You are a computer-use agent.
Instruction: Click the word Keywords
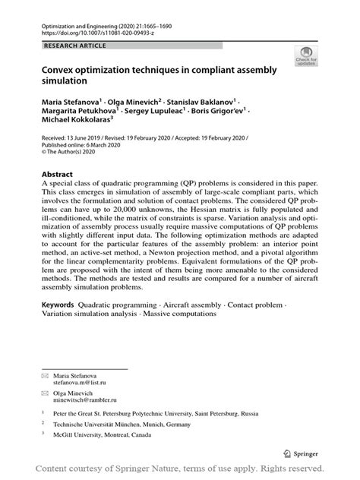(58, 302)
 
